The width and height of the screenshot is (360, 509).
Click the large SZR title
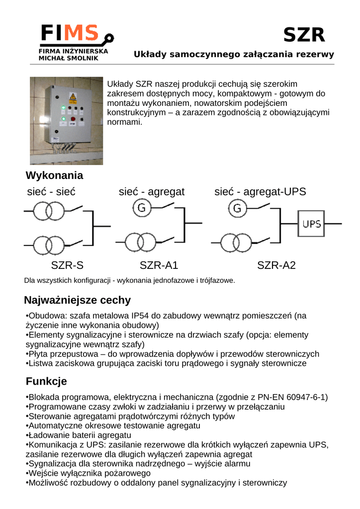pos(304,35)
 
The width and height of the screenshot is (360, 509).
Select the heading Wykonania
pos(54,175)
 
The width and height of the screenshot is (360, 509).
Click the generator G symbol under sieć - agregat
pos(141,208)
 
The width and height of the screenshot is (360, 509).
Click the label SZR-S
pos(67,265)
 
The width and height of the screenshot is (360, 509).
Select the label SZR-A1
pos(159,265)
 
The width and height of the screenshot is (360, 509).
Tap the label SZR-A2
pos(276,265)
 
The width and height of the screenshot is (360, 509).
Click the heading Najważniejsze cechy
pos(77,300)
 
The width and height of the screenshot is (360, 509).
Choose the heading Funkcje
pos(46,382)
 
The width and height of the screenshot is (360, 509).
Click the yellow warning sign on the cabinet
pos(73,96)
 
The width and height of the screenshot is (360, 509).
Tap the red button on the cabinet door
pos(73,119)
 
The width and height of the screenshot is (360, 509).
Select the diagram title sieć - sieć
pos(51,192)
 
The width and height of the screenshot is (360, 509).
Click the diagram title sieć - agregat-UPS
pos(260,192)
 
